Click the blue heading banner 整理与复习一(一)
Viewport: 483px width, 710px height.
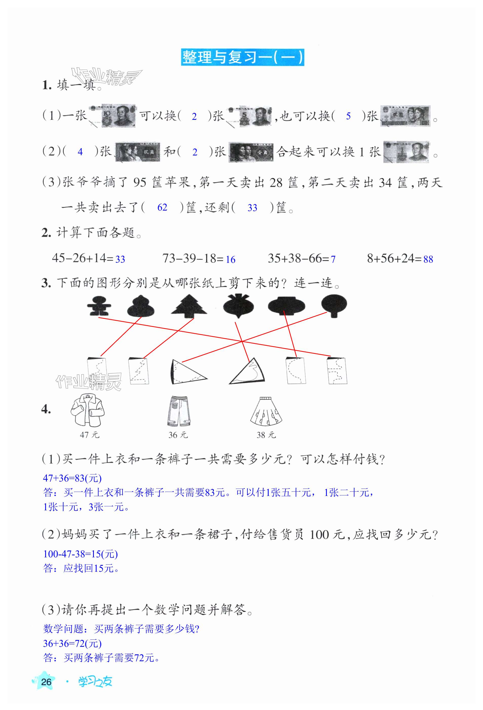[x=242, y=57]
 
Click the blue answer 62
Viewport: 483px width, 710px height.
[x=162, y=208]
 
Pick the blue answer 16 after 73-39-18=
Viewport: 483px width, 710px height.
[x=230, y=259]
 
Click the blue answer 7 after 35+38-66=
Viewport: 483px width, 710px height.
[x=333, y=259]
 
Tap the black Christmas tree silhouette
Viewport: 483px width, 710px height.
[x=189, y=305]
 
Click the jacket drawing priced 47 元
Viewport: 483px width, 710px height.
[x=88, y=410]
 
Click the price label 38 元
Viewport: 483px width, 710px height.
[x=266, y=435]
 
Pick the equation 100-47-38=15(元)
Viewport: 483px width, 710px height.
[x=80, y=554]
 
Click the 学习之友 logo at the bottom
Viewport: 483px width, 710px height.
[x=95, y=682]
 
